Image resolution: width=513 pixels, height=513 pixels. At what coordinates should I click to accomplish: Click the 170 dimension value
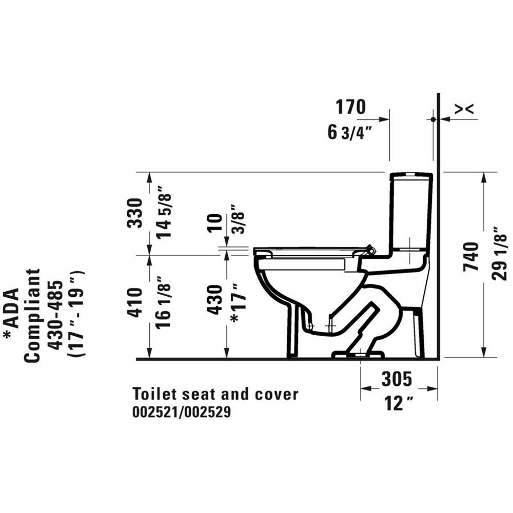[350, 107]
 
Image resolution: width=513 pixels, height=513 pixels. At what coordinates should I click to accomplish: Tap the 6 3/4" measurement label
[349, 132]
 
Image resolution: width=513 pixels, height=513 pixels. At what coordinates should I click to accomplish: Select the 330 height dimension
[134, 213]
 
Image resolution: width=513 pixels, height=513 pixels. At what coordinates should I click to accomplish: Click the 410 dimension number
[134, 302]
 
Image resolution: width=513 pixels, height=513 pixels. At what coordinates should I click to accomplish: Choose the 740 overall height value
[471, 257]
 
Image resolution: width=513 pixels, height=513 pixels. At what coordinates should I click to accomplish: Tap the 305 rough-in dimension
[396, 379]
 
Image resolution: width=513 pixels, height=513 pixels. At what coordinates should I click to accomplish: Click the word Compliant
[32, 315]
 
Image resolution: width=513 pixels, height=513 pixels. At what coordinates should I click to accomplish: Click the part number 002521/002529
[182, 412]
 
